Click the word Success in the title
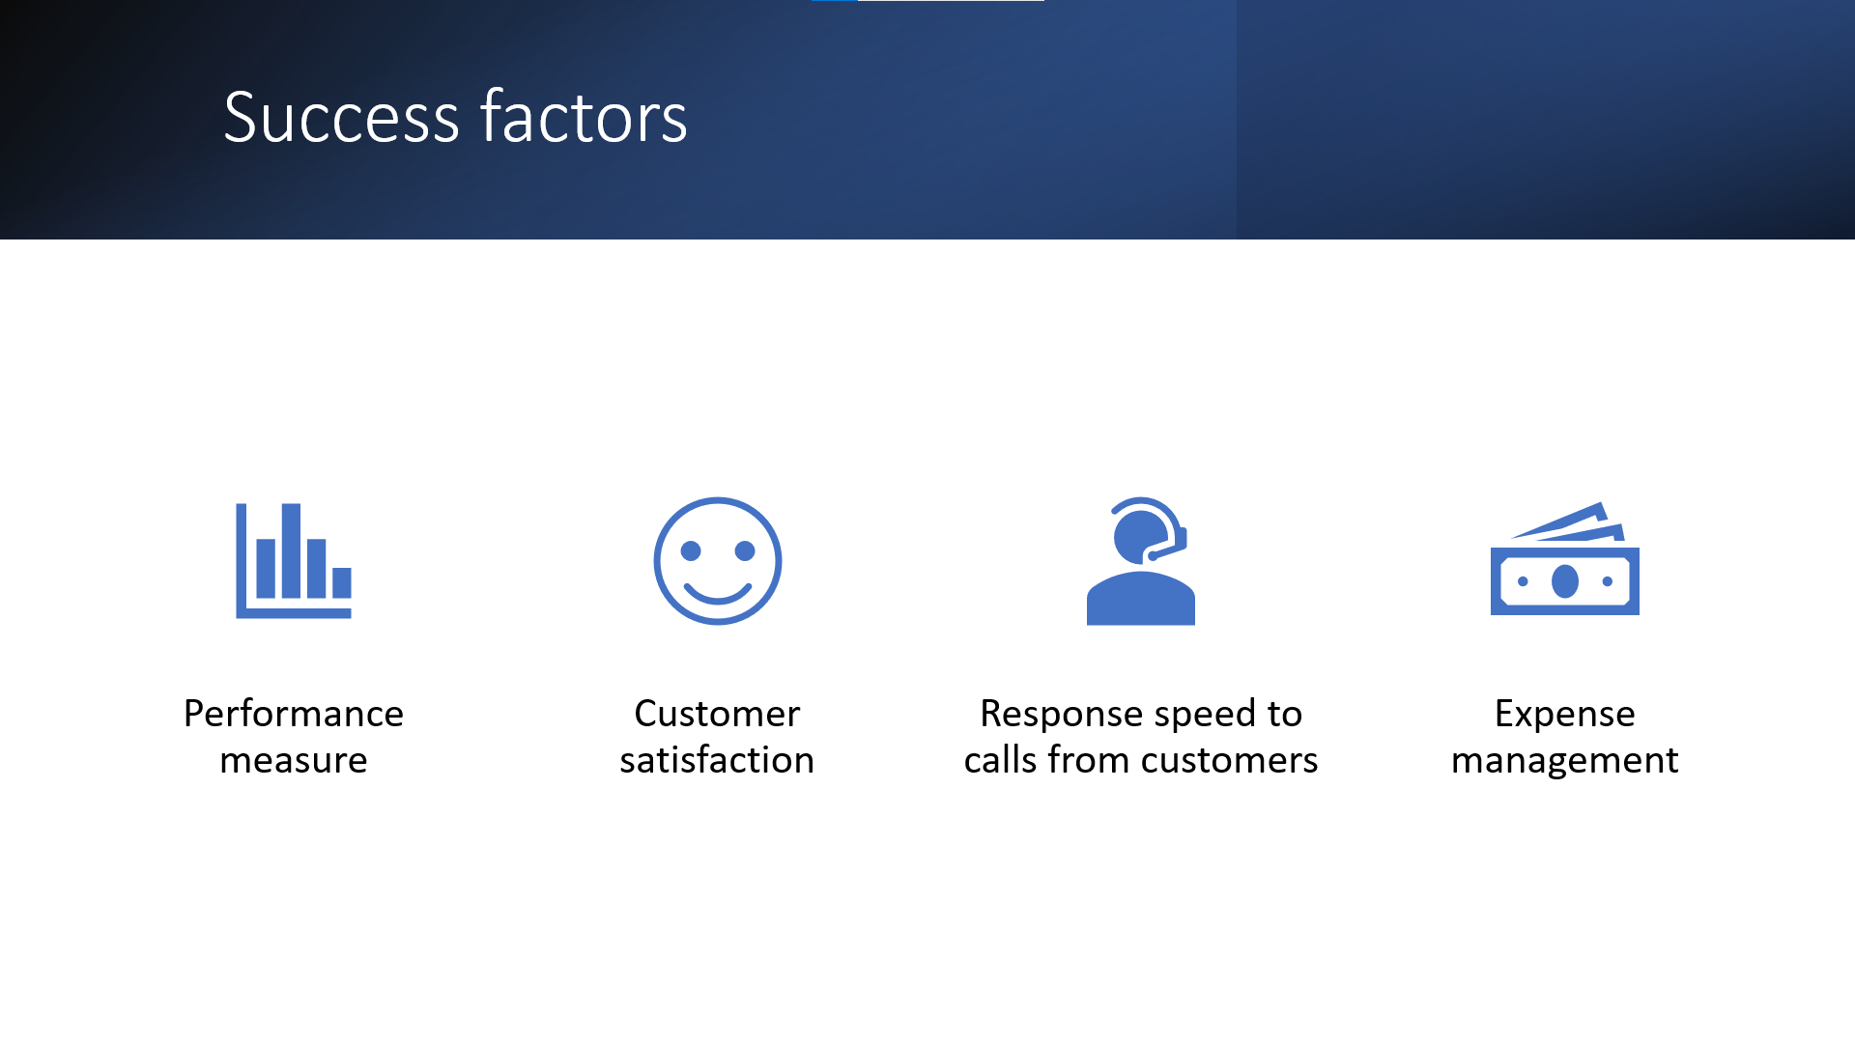tap(341, 117)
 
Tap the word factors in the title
tap(584, 117)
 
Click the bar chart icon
tap(294, 560)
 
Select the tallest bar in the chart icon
tap(291, 550)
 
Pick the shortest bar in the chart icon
tap(342, 582)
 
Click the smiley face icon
tap(717, 561)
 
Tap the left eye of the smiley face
tap(691, 550)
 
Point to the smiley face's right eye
tap(745, 550)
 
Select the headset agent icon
tap(1141, 561)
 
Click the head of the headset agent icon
tap(1141, 537)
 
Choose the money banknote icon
tap(1565, 558)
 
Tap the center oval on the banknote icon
tap(1565, 581)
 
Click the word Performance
tap(294, 714)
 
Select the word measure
tap(294, 761)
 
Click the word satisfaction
tap(717, 760)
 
